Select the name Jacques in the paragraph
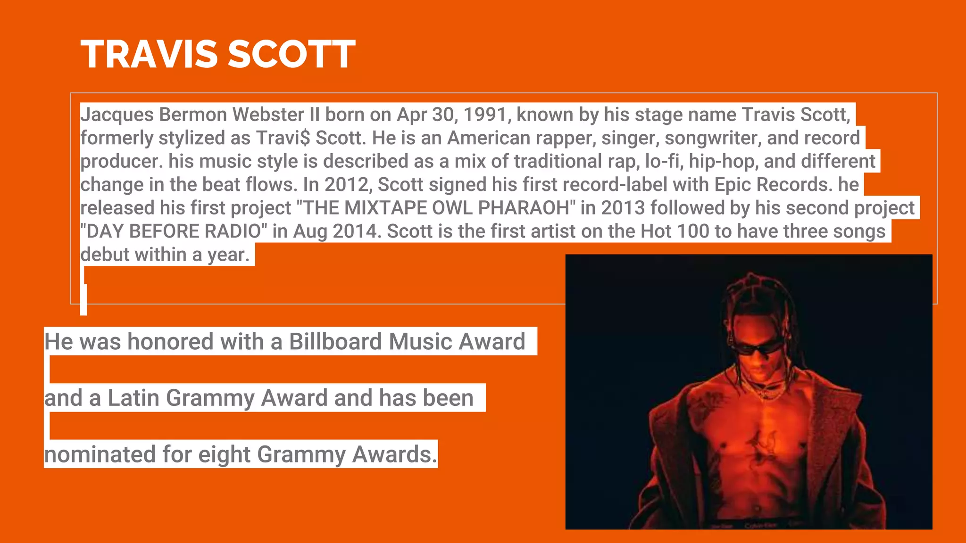point(117,115)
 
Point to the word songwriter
point(712,138)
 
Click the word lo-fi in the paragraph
point(664,161)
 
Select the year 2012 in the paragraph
point(348,184)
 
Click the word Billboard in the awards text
point(335,341)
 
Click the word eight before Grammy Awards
point(224,454)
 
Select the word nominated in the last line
point(100,454)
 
